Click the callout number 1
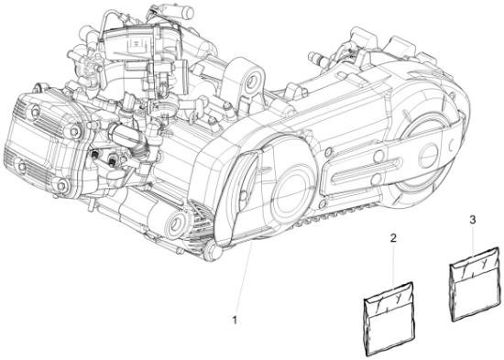[x=236, y=320]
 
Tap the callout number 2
[x=392, y=239]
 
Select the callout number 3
[x=471, y=221]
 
